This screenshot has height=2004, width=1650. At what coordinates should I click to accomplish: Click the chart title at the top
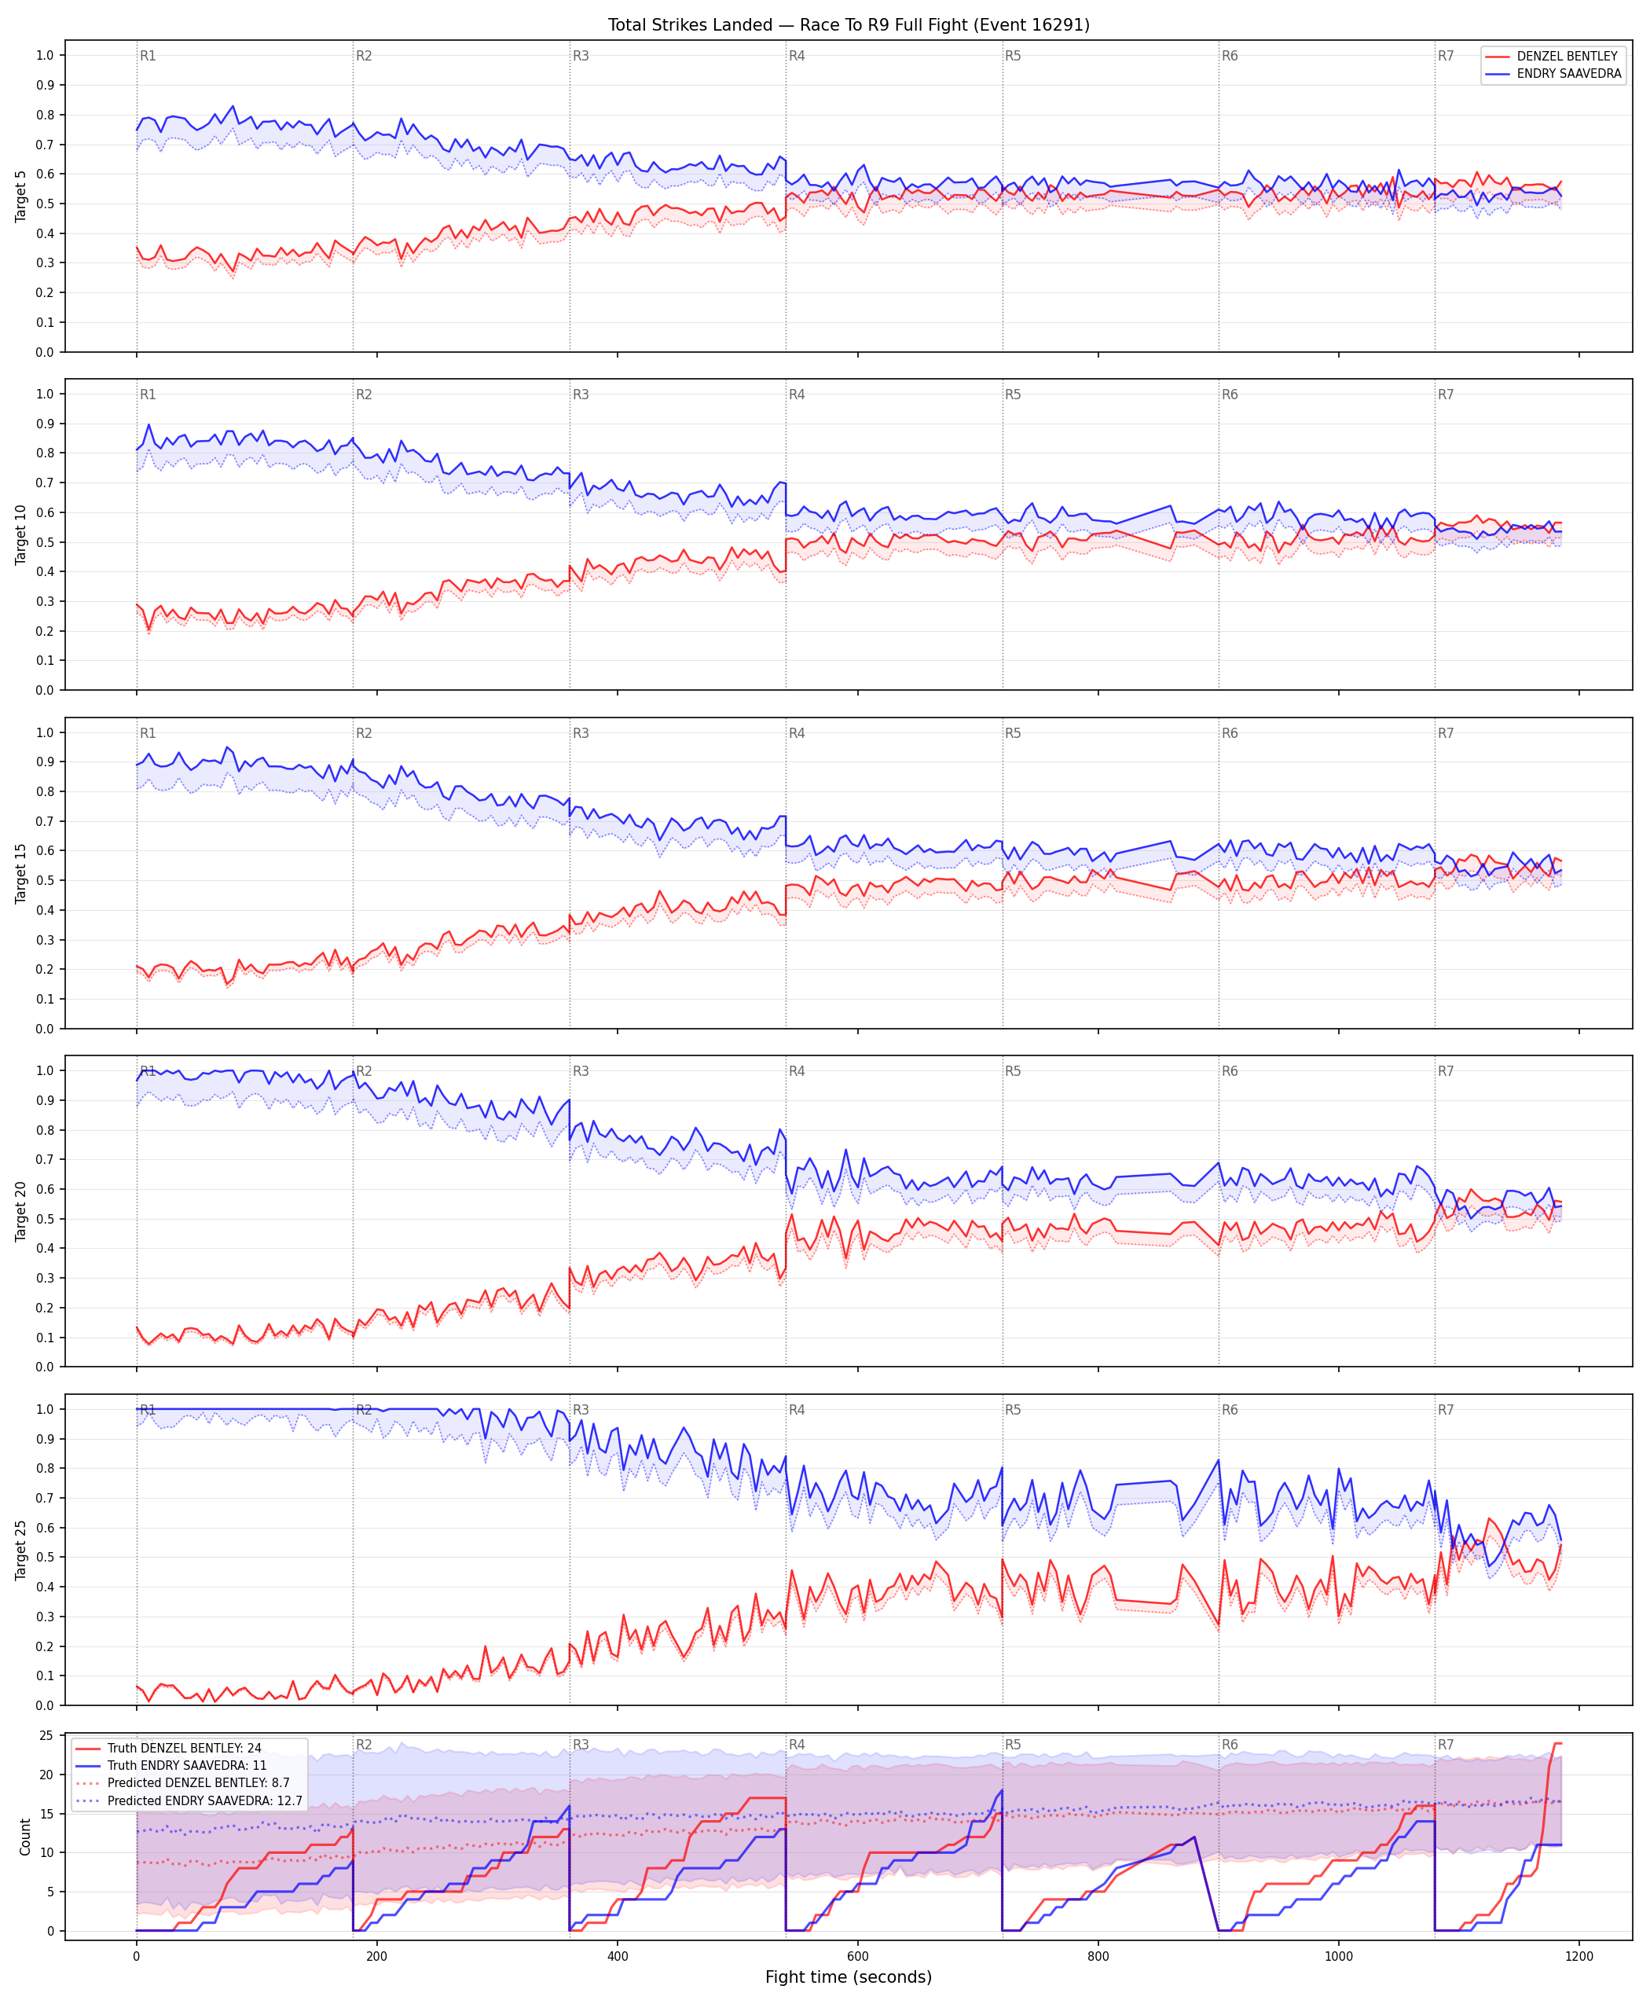coord(848,24)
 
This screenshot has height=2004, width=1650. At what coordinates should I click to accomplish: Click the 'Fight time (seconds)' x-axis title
coord(848,1976)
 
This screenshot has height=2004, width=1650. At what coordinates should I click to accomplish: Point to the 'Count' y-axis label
coord(24,1837)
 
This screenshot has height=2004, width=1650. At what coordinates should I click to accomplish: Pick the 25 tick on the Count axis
coord(46,1736)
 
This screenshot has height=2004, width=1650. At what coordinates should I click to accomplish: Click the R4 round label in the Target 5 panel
coord(797,56)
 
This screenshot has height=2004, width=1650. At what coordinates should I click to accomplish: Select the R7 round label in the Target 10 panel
coord(1446,395)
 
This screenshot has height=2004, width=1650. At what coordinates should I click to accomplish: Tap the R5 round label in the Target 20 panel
coord(1014,1071)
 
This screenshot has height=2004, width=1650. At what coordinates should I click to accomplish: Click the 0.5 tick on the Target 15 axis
coord(45,880)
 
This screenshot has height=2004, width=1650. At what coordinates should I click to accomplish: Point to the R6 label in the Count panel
coord(1230,1745)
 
